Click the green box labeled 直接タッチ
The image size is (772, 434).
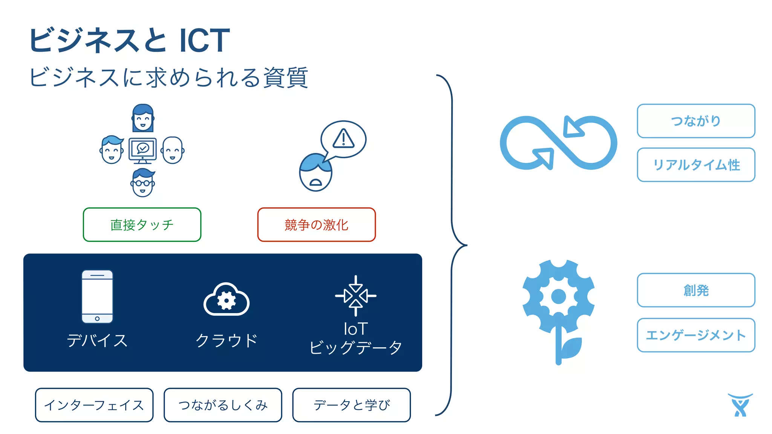click(142, 225)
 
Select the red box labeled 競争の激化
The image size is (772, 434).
click(317, 225)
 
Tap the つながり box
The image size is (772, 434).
click(696, 121)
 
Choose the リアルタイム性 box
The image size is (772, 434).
click(696, 165)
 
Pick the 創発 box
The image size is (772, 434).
click(696, 290)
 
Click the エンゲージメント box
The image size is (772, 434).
click(696, 335)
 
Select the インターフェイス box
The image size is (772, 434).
click(94, 405)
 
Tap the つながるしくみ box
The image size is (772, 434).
click(223, 405)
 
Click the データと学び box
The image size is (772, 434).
click(351, 405)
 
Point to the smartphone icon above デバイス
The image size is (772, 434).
click(97, 296)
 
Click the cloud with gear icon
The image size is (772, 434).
click(226, 300)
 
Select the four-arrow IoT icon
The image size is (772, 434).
click(355, 296)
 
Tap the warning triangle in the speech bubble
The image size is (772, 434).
click(343, 138)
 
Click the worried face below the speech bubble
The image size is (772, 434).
click(316, 173)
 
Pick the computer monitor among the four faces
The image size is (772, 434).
click(142, 150)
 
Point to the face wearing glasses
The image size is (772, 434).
click(142, 183)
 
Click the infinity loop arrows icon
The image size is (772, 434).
click(558, 143)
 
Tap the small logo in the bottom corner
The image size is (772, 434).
click(740, 405)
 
